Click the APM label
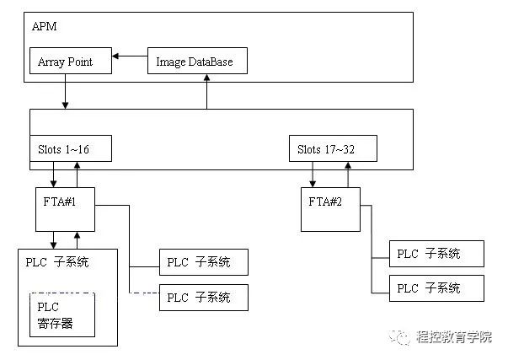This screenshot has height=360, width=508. [43, 27]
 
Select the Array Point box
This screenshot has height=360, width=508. [69, 61]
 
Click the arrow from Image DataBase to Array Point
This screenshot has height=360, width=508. [130, 56]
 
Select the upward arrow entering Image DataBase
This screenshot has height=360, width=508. [206, 91]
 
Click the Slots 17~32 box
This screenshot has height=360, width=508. [332, 149]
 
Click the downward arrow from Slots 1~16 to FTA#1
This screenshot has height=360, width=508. [55, 175]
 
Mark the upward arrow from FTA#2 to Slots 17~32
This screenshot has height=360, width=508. [345, 175]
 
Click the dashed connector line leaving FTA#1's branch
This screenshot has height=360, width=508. [143, 292]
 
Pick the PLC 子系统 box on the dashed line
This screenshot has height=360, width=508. [204, 297]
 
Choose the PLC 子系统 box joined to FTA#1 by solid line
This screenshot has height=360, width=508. [204, 262]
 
